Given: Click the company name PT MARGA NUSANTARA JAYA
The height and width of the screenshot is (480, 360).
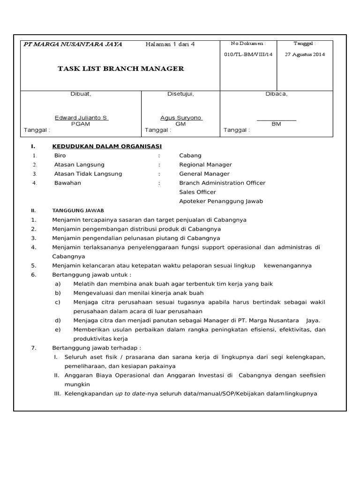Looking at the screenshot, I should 73,44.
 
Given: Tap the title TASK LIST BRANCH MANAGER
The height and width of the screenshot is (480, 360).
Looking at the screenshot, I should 120,69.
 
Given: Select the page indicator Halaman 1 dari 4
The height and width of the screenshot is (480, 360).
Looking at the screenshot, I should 170,44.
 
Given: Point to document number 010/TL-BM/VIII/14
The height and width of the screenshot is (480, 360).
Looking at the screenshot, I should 248,54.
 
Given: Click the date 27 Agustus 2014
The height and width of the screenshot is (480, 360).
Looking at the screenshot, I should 305,54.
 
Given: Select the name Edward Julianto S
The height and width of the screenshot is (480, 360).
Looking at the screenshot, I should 81,118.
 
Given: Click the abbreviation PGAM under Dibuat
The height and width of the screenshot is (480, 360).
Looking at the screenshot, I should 81,124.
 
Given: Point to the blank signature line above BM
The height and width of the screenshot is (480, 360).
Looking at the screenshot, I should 276,120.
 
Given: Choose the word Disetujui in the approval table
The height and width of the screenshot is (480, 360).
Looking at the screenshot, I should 180,94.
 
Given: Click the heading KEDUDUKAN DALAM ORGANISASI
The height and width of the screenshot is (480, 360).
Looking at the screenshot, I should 107,146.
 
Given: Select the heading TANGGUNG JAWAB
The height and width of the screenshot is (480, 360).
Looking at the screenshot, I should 78,211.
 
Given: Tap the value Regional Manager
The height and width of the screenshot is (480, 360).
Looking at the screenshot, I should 205,165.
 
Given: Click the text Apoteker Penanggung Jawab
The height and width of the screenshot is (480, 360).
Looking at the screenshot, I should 221,201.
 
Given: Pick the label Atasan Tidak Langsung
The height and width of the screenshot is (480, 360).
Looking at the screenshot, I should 88,173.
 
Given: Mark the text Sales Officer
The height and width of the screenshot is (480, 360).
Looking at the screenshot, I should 197,192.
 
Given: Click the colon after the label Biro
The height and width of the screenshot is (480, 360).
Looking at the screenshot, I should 159,155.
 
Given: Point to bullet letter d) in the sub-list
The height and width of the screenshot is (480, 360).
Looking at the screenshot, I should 58,320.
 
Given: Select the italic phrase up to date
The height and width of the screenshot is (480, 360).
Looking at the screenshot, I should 130,393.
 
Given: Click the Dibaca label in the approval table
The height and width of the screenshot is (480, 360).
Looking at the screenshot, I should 277,94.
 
